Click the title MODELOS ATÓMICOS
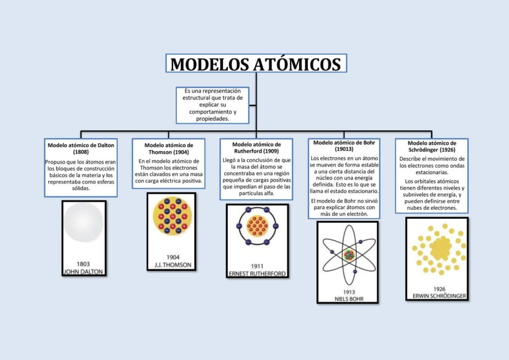(x=256, y=64)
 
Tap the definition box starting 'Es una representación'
(x=213, y=105)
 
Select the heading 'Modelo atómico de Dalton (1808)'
(x=81, y=148)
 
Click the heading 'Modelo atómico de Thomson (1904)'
(x=169, y=149)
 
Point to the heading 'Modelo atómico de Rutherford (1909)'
(x=256, y=148)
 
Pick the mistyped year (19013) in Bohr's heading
(x=344, y=149)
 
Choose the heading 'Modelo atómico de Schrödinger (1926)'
(x=432, y=146)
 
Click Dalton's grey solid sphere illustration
(x=84, y=222)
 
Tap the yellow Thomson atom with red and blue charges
(x=172, y=216)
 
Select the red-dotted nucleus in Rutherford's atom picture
(x=257, y=226)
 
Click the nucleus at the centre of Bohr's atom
(x=349, y=255)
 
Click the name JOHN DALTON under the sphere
(x=84, y=271)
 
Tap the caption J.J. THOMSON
(x=172, y=265)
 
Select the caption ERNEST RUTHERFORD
(x=257, y=273)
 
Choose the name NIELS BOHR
(x=349, y=299)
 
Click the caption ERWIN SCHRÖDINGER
(x=439, y=296)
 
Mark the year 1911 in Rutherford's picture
(x=257, y=266)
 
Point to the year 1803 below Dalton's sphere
(x=84, y=264)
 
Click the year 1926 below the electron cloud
(x=439, y=289)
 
